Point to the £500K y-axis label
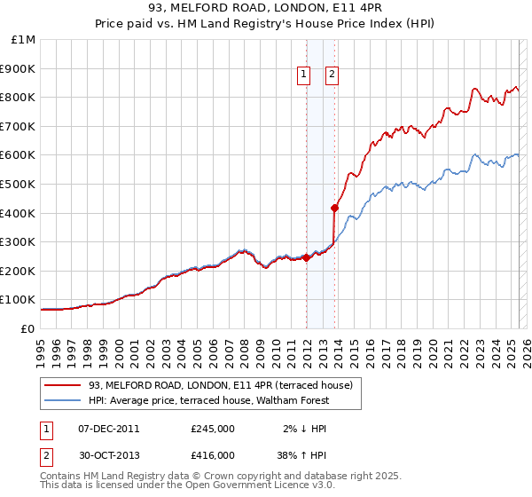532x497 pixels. pyautogui.click(x=20, y=184)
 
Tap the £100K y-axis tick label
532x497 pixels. pyautogui.click(x=20, y=300)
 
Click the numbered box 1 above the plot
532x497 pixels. pyautogui.click(x=304, y=75)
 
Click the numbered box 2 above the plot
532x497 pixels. pyautogui.click(x=332, y=75)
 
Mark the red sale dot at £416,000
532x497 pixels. pyautogui.click(x=335, y=209)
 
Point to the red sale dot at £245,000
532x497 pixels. pyautogui.click(x=306, y=257)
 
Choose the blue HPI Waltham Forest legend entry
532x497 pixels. pyautogui.click(x=208, y=400)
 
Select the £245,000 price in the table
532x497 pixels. pyautogui.click(x=213, y=429)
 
